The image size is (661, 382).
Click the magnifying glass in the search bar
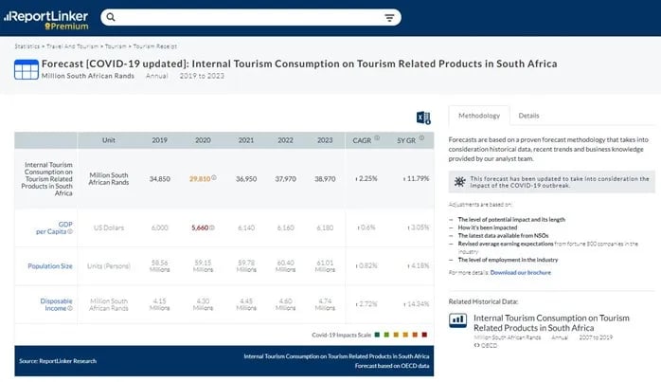[x=111, y=18]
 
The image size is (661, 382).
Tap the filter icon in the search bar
[x=389, y=18]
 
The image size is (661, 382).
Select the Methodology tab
[x=478, y=115]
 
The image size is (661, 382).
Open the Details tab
[x=528, y=115]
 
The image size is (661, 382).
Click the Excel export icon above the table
[x=423, y=117]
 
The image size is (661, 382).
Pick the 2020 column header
[x=202, y=140]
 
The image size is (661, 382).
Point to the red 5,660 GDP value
[x=201, y=227]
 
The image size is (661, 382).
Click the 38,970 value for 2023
[x=324, y=177]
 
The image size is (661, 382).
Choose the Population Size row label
[x=52, y=266]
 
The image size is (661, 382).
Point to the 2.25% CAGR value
[x=366, y=177]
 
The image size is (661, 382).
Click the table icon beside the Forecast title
[x=26, y=68]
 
